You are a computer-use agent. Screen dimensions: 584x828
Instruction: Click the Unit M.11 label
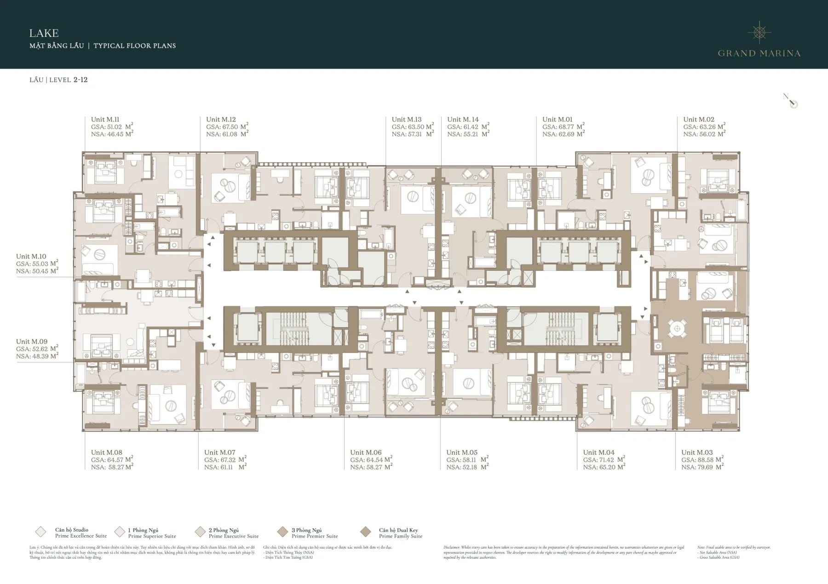[x=105, y=120]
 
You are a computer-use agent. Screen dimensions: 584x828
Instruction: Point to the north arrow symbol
[x=791, y=101]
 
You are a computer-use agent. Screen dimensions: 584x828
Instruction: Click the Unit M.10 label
[x=31, y=257]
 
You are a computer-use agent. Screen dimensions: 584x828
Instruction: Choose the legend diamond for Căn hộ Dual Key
[x=366, y=532]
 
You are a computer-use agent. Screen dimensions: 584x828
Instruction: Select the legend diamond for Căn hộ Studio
[x=40, y=532]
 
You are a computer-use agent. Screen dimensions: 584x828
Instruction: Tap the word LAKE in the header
[x=44, y=33]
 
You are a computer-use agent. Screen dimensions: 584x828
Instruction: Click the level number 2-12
[x=80, y=80]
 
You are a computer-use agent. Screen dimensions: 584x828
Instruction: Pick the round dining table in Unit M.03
[x=676, y=328]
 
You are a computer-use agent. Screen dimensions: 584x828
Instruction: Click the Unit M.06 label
[x=366, y=452]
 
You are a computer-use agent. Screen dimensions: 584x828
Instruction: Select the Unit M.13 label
[x=406, y=120]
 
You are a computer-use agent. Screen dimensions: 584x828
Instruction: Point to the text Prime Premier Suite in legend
[x=315, y=536]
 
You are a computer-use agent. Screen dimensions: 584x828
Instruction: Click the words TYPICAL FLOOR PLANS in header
[x=134, y=46]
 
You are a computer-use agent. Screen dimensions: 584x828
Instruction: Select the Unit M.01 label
[x=557, y=120]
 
